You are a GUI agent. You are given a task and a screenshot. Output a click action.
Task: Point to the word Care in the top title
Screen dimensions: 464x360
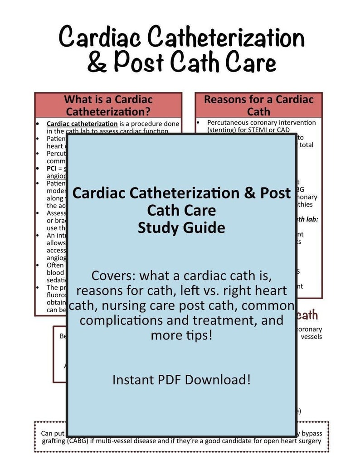tap(251, 63)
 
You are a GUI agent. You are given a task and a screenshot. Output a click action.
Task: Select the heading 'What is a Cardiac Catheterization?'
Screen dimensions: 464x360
tap(108, 105)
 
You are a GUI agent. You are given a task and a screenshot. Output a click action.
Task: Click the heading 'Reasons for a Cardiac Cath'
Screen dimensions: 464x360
tap(258, 105)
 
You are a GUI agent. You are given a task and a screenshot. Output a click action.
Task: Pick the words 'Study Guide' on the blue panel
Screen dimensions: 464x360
tap(181, 227)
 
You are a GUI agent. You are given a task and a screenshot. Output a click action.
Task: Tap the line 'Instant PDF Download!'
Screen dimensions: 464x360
tap(181, 379)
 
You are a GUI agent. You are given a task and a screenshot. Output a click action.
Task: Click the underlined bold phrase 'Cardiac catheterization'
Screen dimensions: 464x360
tap(82, 124)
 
